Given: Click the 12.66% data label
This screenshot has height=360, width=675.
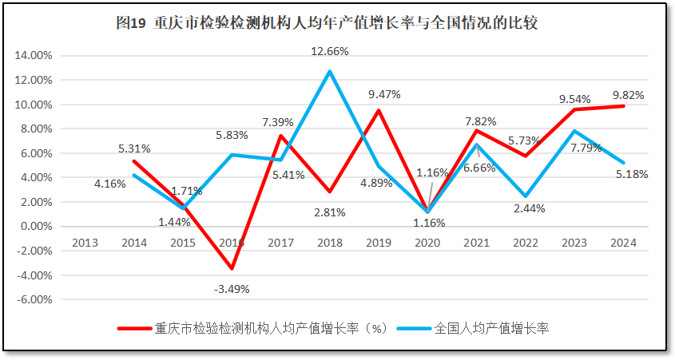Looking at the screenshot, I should point(330,52).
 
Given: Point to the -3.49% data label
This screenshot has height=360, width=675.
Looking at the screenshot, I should point(232,288).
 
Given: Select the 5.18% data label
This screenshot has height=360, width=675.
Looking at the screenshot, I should point(630,173).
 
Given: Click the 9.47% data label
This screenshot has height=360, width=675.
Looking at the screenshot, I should point(384,94).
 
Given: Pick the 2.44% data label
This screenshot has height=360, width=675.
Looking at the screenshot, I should point(527,208).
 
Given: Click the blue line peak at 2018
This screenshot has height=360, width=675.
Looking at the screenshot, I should point(329,71).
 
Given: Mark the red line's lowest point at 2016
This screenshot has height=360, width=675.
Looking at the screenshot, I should point(232,268).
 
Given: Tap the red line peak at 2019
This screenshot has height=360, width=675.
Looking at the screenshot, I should point(379,110).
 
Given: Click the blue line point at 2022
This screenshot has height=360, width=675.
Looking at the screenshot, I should point(526,196).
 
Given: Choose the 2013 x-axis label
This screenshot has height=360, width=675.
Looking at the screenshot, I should point(85,243).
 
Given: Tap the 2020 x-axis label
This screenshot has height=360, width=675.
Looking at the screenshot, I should point(427,243).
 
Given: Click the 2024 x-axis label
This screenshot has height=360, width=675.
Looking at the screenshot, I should point(623,243).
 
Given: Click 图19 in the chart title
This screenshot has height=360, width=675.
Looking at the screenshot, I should point(131,23).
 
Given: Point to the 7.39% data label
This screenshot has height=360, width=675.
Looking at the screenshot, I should point(277,122).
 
